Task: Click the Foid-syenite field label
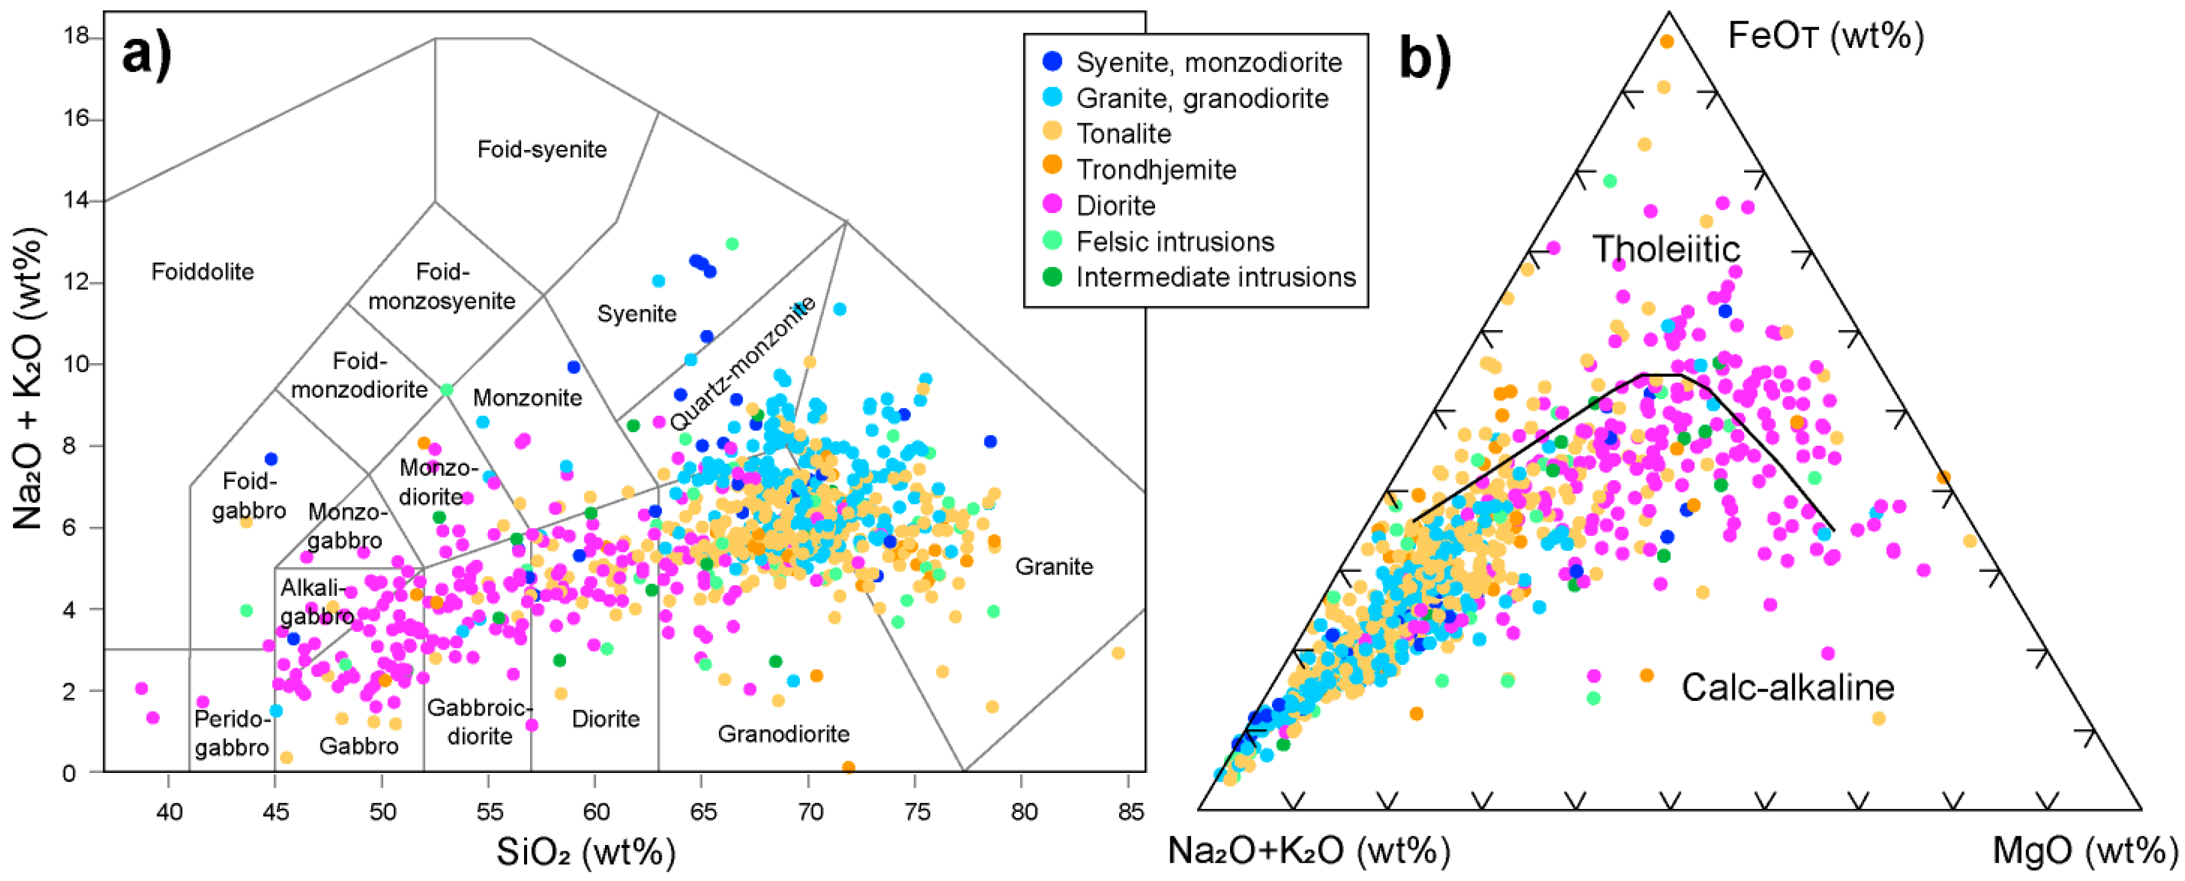542,149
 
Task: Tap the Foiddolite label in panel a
202,272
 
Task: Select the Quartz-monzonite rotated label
743,363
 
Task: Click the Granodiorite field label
783,733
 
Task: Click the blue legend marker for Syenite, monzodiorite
1052,61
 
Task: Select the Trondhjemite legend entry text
1156,169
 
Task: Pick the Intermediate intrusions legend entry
1215,277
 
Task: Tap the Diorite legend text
1116,205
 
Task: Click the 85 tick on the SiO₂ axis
1131,813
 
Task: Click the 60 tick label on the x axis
596,813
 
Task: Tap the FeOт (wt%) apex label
1826,35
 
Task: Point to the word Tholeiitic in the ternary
1666,249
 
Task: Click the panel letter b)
1425,58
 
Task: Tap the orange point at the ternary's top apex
1667,41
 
